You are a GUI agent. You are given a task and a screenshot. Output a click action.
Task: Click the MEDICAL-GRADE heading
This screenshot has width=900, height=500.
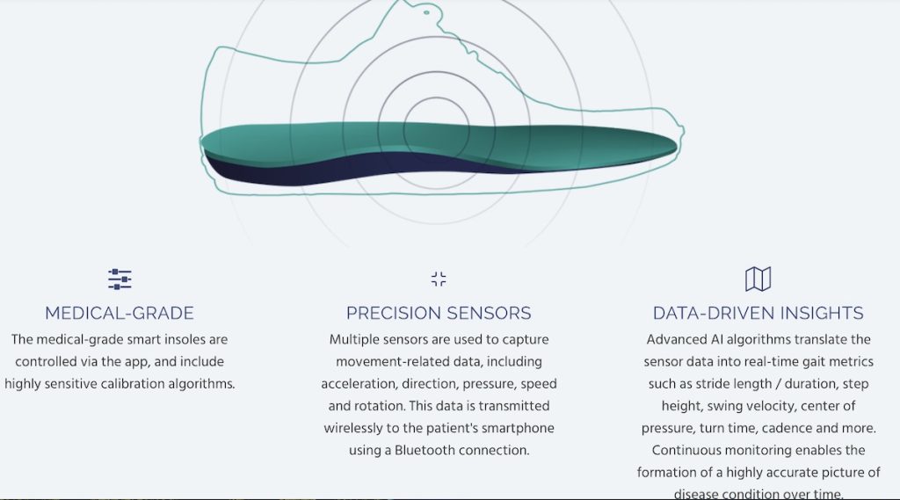pyautogui.click(x=120, y=313)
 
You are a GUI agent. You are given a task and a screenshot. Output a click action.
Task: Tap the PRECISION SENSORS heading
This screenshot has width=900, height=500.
pyautogui.click(x=439, y=313)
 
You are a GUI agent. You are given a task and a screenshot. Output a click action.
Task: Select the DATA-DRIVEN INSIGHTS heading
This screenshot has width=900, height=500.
pyautogui.click(x=758, y=313)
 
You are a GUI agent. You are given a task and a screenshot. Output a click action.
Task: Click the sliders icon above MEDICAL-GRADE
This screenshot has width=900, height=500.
pyautogui.click(x=120, y=279)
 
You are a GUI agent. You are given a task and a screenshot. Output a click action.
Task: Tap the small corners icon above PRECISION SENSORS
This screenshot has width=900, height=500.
pyautogui.click(x=439, y=279)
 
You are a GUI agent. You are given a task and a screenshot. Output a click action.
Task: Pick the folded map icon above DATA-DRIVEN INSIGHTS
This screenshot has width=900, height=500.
pyautogui.click(x=758, y=279)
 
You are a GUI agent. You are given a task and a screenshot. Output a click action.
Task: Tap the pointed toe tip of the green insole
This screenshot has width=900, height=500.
pyautogui.click(x=675, y=145)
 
